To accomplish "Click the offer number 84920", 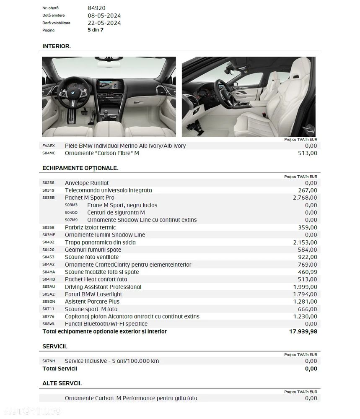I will pos(96,8).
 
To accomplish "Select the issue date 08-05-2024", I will pos(104,16).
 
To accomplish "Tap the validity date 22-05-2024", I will pos(104,23).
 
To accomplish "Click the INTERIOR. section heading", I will pos(57,46).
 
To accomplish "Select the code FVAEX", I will pos(49,146).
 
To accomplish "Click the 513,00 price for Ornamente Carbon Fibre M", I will pos(307,153).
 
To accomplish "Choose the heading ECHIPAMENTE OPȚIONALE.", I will pos(80,168).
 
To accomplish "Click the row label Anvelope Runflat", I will pos(87,183).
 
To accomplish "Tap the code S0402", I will pos(49,242).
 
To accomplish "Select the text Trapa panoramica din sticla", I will pos(100,242).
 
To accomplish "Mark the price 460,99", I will pos(307,272).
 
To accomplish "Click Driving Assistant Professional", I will pos(103,287).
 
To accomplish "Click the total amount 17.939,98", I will pos(303,332).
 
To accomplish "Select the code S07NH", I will pos(49,361).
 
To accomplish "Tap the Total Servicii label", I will pos(60,369).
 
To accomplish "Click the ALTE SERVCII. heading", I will pos(62,383).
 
